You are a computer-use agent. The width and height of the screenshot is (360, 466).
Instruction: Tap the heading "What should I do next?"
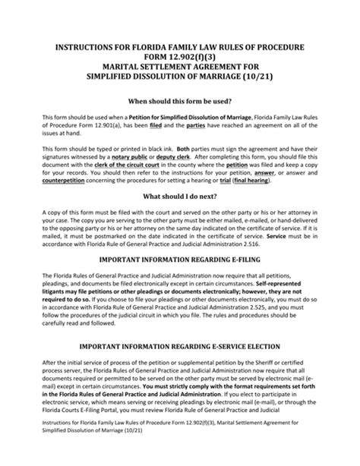(180, 217)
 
